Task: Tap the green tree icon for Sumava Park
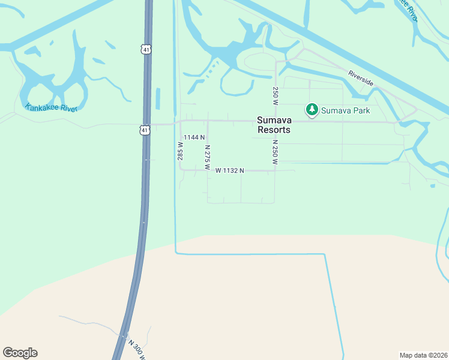click(x=312, y=110)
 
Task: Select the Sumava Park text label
click(x=345, y=110)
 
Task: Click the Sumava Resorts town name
click(x=274, y=125)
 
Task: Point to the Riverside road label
click(x=360, y=78)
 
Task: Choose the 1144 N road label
click(x=194, y=137)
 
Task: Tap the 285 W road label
click(x=179, y=151)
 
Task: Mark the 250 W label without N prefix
click(x=275, y=96)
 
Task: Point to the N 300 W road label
click(x=136, y=350)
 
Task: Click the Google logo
click(x=20, y=353)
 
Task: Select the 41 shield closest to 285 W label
click(x=145, y=130)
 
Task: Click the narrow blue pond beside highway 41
click(x=158, y=99)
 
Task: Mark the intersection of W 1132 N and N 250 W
click(x=275, y=170)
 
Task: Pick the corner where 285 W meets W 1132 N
click(x=181, y=170)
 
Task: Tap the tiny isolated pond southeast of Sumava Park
click(x=432, y=186)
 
